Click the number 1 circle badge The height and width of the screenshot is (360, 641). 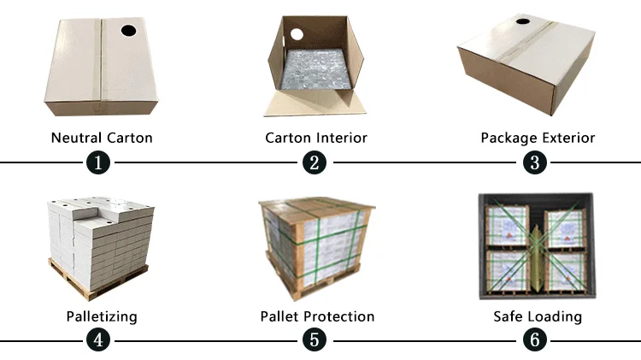100,162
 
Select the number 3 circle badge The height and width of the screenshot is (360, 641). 536,162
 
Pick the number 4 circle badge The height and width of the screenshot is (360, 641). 100,339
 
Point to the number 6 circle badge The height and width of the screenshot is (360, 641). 536,339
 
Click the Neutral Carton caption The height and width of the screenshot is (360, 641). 102,138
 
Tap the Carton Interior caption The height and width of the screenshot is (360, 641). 316,138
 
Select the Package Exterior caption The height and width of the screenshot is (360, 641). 538,138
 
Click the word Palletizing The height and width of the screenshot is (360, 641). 102,316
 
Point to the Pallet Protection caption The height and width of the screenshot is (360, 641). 317,316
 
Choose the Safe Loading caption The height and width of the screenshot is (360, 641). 538,316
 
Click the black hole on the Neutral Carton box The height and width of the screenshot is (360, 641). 128,32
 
